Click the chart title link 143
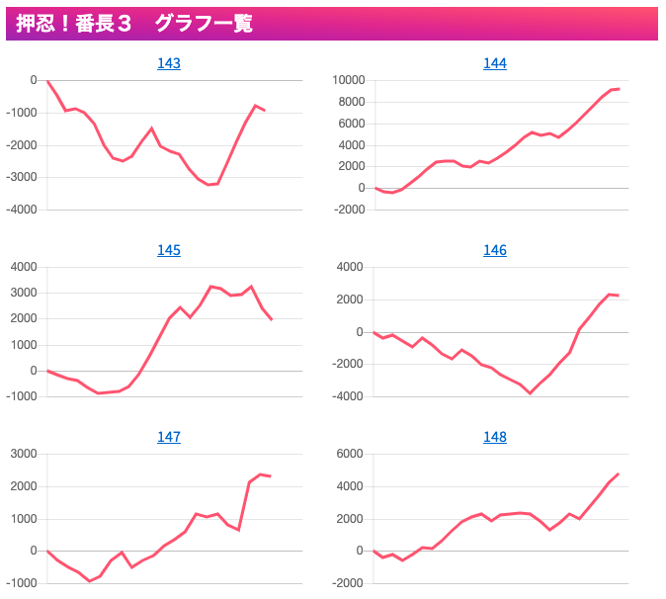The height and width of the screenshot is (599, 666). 169,63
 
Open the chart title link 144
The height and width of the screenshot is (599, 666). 495,63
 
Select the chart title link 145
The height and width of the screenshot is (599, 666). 169,250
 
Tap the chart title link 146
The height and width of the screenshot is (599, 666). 495,250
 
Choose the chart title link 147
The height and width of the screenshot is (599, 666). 169,437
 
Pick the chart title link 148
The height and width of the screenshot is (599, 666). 495,437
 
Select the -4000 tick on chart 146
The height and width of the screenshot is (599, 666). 348,397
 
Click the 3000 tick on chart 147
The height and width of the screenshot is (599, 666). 24,455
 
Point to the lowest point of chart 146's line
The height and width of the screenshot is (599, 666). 531,393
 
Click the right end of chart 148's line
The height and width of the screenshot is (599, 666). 619,473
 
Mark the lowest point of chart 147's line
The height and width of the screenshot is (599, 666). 90,581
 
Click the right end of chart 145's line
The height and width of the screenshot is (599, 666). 272,319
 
